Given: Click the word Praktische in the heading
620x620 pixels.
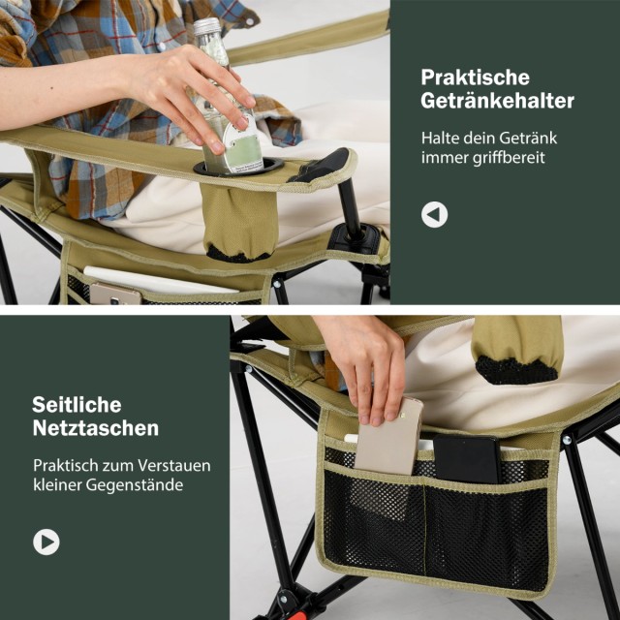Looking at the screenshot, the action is [x=475, y=77].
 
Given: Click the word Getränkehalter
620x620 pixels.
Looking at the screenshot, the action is [x=497, y=101].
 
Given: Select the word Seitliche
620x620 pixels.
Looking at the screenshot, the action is [x=77, y=405].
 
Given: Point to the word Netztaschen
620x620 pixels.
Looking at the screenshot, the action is [x=96, y=428].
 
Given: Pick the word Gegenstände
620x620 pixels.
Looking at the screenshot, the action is [x=135, y=485].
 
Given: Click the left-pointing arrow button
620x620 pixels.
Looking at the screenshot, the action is [x=434, y=215].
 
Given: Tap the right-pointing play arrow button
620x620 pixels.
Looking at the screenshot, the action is [x=46, y=542].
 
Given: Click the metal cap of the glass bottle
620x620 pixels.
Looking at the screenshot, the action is [x=206, y=26].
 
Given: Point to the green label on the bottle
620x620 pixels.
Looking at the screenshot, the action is [x=242, y=150].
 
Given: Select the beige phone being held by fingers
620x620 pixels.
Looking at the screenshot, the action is [x=388, y=439].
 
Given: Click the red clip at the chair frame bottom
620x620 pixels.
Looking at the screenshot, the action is [x=299, y=615].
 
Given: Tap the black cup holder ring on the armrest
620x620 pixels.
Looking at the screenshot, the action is [x=238, y=167].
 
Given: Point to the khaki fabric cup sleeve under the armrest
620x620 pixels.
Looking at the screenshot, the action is [x=239, y=222].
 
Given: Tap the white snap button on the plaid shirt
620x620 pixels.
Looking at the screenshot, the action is [x=161, y=47].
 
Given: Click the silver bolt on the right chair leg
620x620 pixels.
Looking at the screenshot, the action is [x=567, y=439].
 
